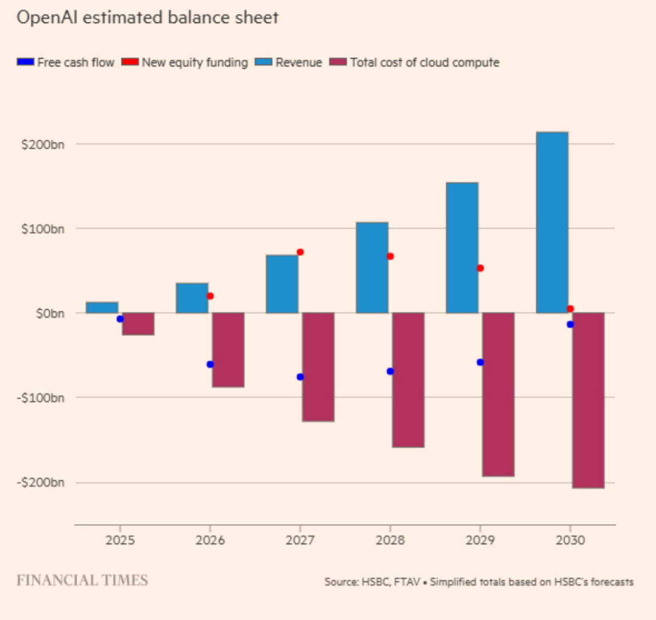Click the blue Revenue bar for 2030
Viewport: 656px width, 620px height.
[552, 222]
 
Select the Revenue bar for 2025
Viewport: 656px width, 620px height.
[102, 307]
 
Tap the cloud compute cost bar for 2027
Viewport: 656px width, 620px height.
[318, 367]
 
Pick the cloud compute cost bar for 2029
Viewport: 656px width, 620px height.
[498, 394]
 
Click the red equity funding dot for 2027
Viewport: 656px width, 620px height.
[300, 252]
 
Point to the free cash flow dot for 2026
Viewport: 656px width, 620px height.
[210, 364]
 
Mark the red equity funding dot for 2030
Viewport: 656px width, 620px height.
[570, 309]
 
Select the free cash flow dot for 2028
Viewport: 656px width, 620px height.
[390, 371]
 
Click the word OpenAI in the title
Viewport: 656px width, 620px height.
[43, 18]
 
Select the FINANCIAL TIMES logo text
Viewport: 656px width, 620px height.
[82, 581]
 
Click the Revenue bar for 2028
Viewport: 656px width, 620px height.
[372, 267]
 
